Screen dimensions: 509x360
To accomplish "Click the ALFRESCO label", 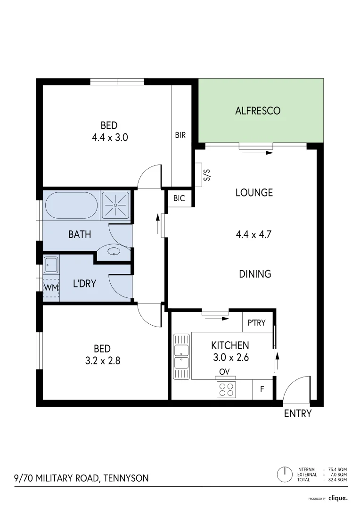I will (258, 111).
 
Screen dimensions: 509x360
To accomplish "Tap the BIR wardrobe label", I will (180, 135).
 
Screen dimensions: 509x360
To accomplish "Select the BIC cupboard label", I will (179, 198).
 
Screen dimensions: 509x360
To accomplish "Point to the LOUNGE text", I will (254, 192).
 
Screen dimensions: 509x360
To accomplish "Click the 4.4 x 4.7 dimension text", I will (254, 234).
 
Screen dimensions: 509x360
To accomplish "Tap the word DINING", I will (255, 274).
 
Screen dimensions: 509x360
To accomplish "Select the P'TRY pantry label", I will (257, 323).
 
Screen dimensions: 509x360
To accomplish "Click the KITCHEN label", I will (230, 345).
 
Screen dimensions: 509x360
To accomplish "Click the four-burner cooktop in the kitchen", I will (225, 390).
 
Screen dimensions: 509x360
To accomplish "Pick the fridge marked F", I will (262, 390).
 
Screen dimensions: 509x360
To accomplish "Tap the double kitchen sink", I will (181, 356).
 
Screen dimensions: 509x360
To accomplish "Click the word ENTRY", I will (298, 414).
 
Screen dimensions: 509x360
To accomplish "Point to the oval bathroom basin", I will (115, 251).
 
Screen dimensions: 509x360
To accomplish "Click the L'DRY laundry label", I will (84, 284).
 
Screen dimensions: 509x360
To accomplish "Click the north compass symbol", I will (284, 474).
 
